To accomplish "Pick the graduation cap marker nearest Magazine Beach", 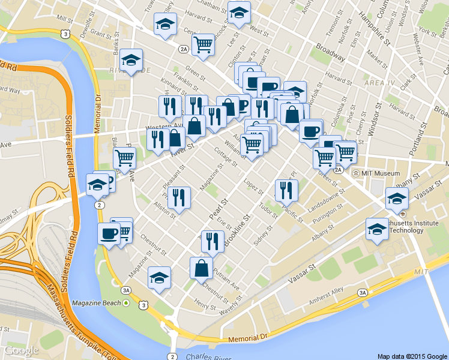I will (x=159, y=278).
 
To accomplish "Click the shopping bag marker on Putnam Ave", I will (x=201, y=269).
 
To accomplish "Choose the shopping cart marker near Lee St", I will (x=203, y=44).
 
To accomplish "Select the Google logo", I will (x=21, y=350).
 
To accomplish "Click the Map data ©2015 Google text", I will (x=412, y=356).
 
